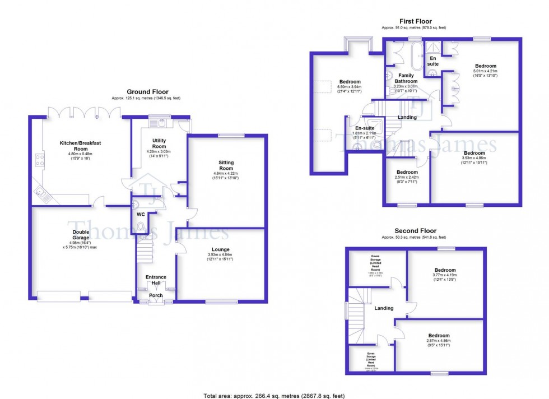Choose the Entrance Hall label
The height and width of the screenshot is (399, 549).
(x=156, y=280)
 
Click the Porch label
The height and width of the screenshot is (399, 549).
(x=156, y=295)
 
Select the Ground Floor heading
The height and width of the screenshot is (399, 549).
(x=147, y=92)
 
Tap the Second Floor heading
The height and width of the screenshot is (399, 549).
(x=415, y=230)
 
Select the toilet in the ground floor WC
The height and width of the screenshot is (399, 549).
(x=140, y=226)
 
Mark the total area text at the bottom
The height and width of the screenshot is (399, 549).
(x=274, y=396)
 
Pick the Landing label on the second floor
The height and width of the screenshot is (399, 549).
(x=384, y=308)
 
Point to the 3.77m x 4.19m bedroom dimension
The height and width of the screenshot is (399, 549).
(x=445, y=275)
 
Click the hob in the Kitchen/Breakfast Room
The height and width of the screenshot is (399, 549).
(x=40, y=160)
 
